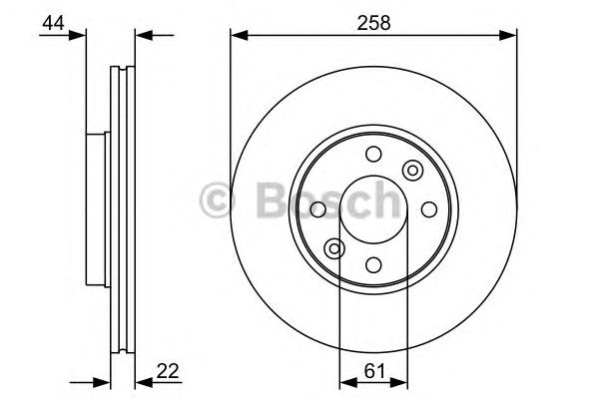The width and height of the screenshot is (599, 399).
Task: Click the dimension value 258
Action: coord(374,19)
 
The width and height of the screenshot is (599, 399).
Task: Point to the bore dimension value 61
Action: coord(371,369)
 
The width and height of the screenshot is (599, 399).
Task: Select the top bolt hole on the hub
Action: coord(373,154)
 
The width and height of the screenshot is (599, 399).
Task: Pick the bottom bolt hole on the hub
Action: coord(373,264)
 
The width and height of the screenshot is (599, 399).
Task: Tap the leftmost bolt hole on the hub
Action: coord(318,209)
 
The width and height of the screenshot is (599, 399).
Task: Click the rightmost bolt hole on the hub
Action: coord(429,209)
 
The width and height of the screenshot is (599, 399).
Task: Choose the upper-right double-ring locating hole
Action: coord(411,171)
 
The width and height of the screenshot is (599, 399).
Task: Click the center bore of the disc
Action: coord(373,209)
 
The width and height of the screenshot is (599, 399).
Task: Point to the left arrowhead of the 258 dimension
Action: coord(238,36)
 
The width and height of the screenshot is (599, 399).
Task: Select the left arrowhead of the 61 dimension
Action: coord(346,382)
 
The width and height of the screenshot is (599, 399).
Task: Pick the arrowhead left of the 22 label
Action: coord(140,382)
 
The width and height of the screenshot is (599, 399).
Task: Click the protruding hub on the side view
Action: coord(97,208)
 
